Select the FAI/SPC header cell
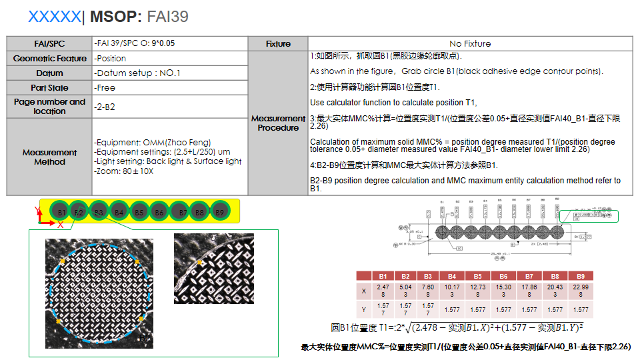[49, 43]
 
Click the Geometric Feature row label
[49, 59]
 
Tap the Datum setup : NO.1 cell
[138, 73]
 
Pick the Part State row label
[49, 88]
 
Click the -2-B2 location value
[105, 107]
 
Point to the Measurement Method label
[49, 157]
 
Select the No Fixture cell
[470, 43]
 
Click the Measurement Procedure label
[278, 123]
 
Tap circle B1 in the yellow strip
[60, 212]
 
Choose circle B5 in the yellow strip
[139, 212]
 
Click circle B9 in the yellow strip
[219, 212]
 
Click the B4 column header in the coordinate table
[452, 276]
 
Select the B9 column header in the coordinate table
[581, 276]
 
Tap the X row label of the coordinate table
[363, 291]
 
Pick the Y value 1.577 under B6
[503, 309]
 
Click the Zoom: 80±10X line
[125, 171]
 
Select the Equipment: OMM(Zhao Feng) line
[153, 143]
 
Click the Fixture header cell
[278, 43]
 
